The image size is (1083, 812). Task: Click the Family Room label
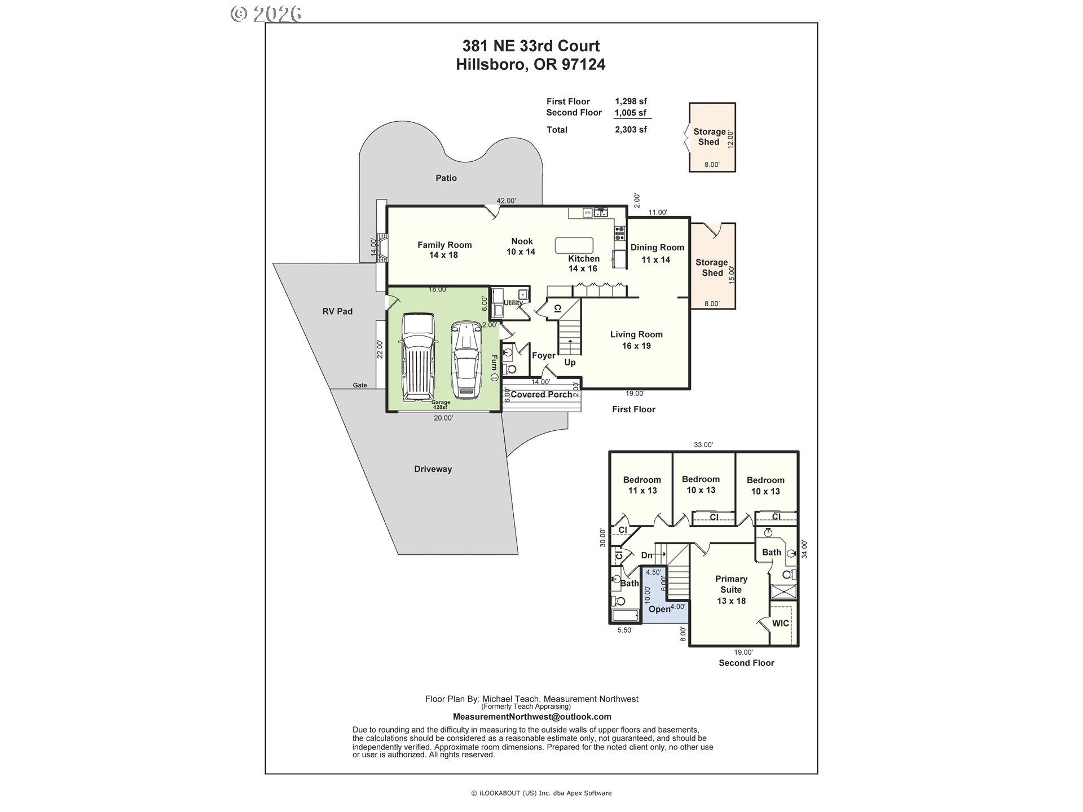click(x=444, y=250)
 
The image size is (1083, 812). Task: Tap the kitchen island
click(x=574, y=245)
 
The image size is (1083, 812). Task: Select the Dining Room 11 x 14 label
click(x=657, y=253)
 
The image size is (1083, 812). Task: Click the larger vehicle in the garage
click(x=417, y=358)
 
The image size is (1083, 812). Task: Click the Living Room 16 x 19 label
click(x=636, y=340)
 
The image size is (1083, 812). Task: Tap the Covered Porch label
click(x=541, y=394)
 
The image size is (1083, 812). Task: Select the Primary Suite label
click(x=731, y=589)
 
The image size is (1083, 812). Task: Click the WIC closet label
click(x=780, y=623)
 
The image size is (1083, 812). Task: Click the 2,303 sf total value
click(x=631, y=130)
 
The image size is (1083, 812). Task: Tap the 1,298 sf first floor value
click(x=631, y=101)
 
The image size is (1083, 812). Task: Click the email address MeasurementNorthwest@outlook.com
click(x=532, y=717)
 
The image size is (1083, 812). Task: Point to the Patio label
click(x=446, y=178)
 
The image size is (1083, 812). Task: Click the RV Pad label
click(x=337, y=311)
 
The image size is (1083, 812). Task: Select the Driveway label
click(x=433, y=469)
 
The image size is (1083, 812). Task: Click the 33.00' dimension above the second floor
click(x=703, y=444)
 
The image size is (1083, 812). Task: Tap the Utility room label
click(x=513, y=303)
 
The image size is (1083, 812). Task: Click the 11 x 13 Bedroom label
click(x=642, y=485)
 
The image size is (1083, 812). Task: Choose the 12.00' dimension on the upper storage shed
click(x=730, y=139)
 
